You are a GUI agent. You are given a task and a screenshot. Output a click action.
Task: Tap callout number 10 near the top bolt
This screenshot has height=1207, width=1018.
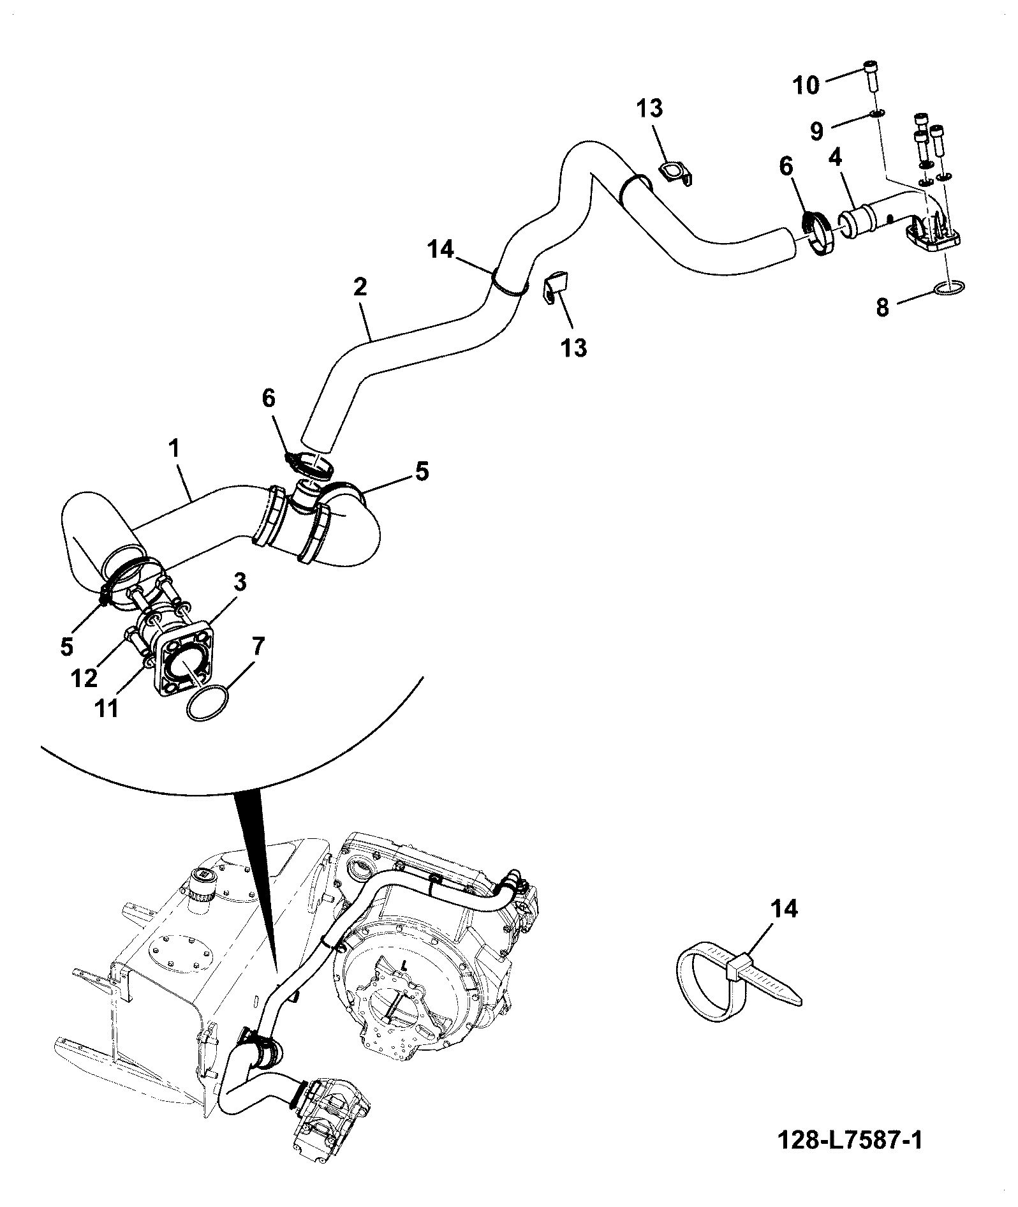(x=807, y=85)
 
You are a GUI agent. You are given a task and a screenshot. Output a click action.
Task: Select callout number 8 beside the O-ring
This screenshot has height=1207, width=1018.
(x=882, y=308)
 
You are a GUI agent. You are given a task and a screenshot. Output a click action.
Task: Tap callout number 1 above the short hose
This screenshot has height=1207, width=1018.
(x=173, y=449)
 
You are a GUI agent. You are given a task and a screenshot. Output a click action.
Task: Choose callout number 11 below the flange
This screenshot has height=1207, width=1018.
(x=106, y=709)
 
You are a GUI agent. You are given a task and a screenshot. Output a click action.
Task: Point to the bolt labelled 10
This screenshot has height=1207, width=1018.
(x=872, y=77)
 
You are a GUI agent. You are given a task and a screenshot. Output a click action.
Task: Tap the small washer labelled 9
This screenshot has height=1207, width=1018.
(x=877, y=114)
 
